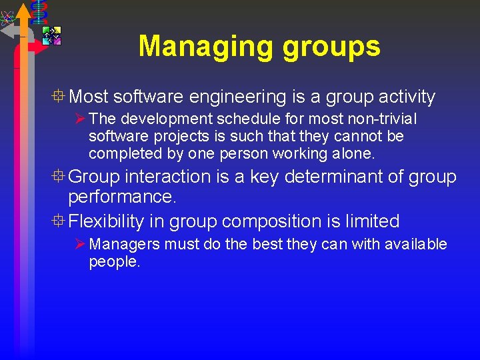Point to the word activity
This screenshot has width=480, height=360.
[x=407, y=97]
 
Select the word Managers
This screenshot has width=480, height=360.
[x=125, y=245]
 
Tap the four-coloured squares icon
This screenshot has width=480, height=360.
[x=51, y=35]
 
